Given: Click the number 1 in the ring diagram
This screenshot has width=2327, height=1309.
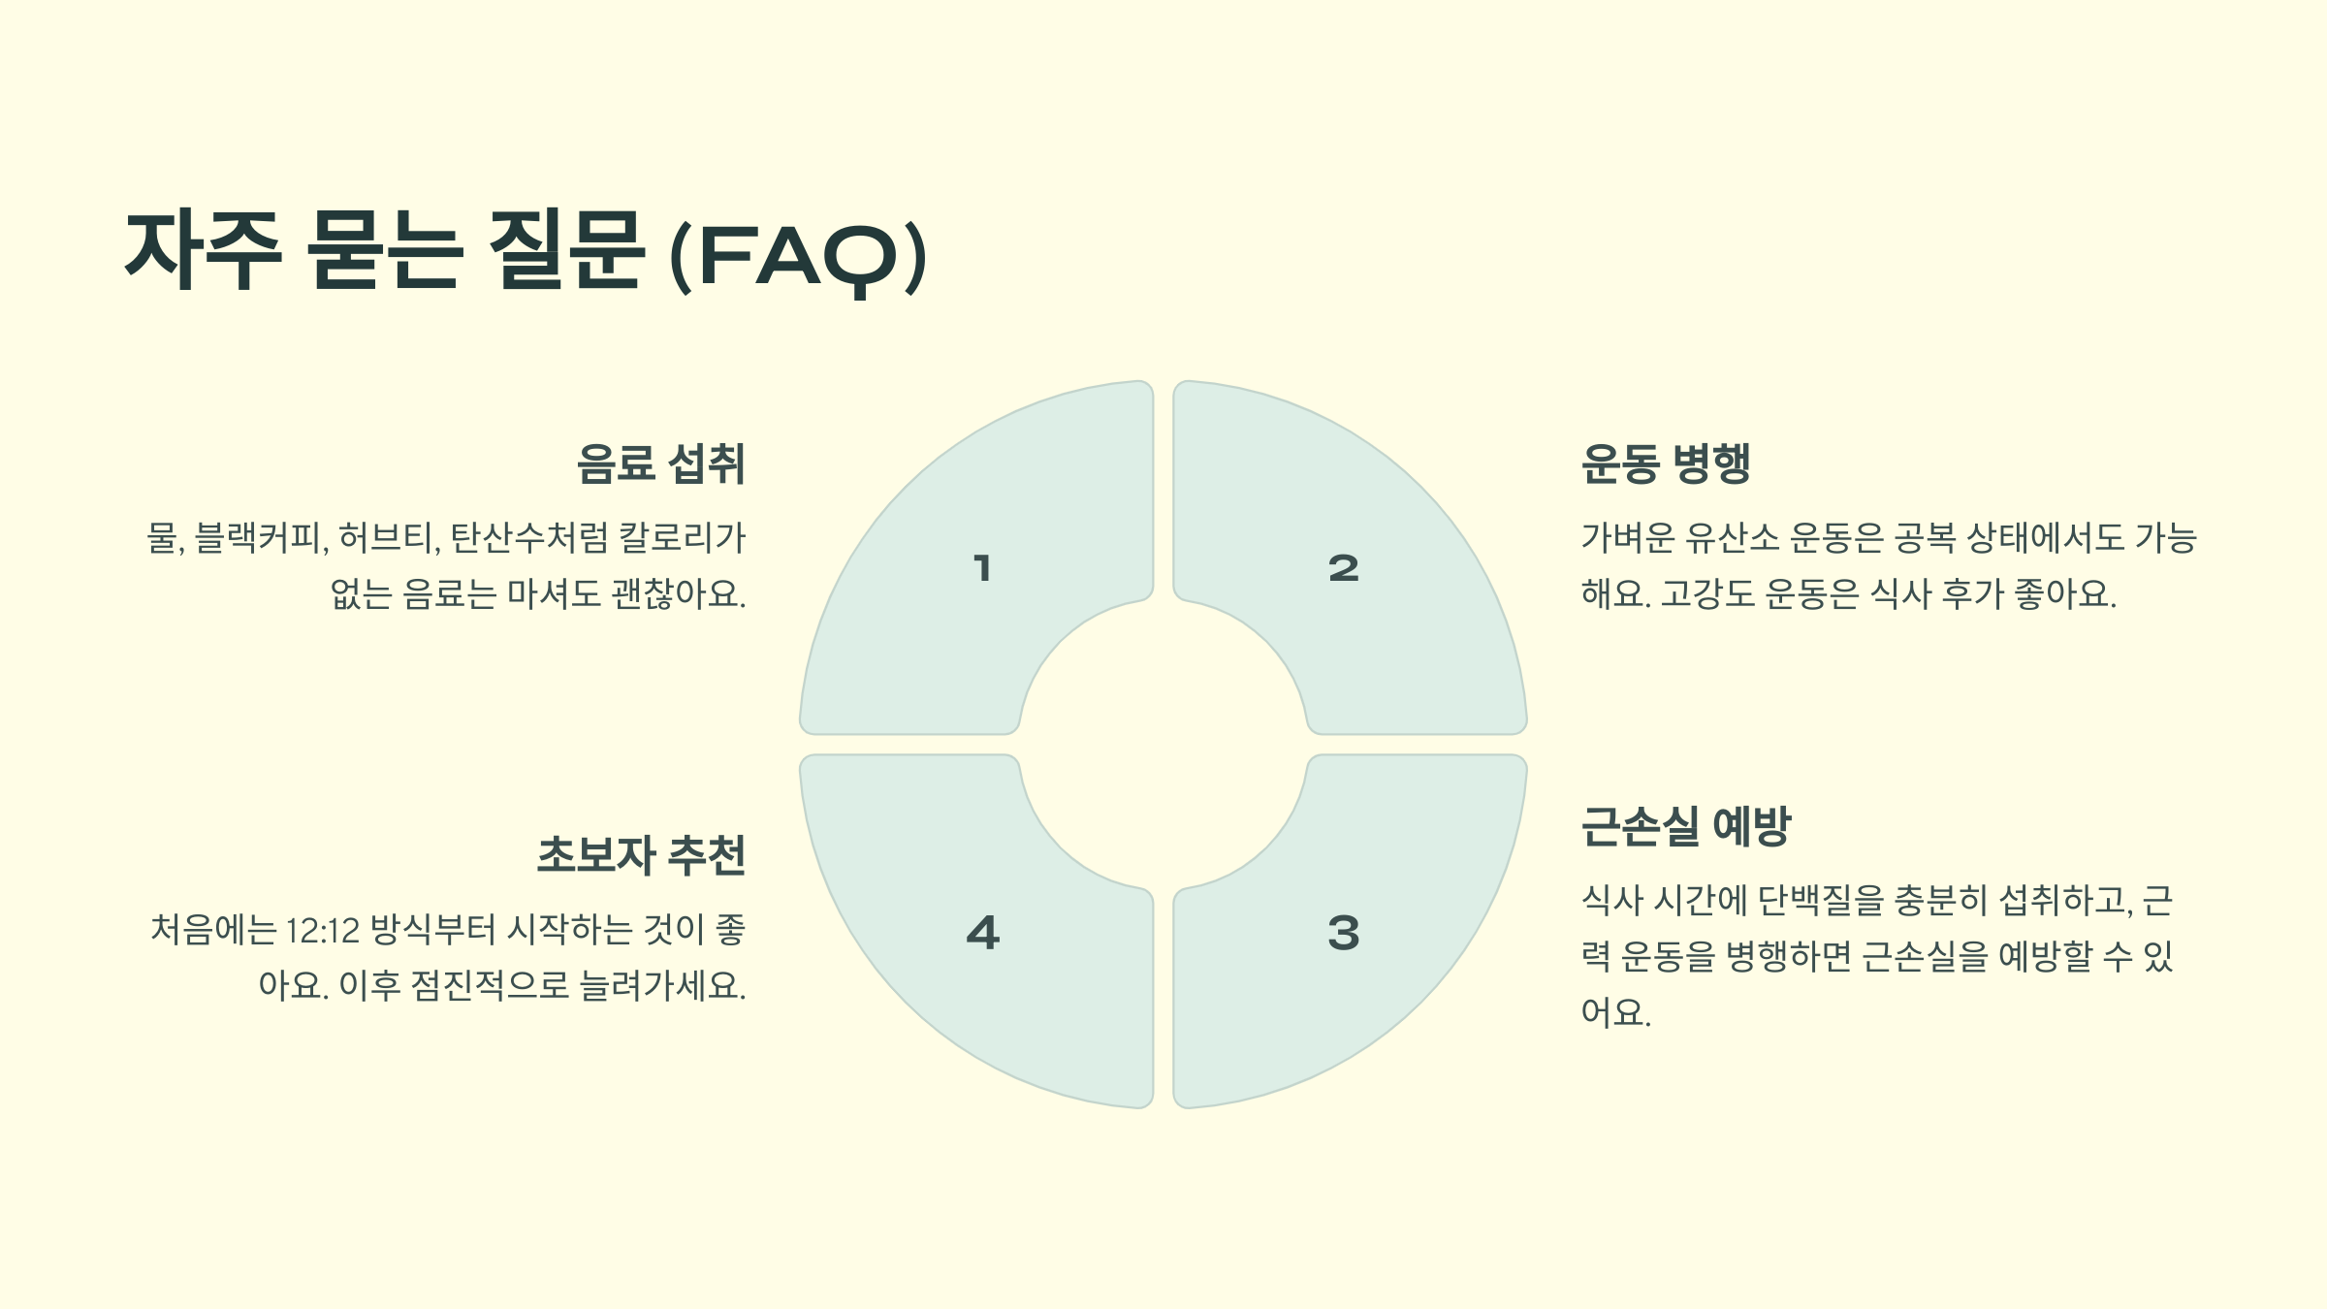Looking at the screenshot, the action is (982, 568).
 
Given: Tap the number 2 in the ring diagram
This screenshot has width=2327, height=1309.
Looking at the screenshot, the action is (1344, 568).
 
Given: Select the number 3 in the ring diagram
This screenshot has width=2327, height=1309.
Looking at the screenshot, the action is (1344, 933).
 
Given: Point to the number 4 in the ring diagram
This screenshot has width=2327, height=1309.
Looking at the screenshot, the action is (982, 933).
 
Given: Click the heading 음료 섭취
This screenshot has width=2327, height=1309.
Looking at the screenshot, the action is (660, 463).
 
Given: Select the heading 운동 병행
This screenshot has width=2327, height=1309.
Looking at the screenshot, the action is (1666, 463).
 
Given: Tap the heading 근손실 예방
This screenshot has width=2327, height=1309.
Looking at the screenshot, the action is (1685, 827).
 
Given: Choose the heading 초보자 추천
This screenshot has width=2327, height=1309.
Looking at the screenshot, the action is (641, 855).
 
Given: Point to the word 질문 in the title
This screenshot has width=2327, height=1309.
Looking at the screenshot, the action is (566, 249).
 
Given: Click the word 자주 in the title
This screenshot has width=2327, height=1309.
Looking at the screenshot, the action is (204, 249).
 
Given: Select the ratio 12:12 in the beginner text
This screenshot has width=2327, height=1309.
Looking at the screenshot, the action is (323, 931).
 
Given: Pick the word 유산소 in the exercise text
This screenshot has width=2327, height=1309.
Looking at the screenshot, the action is (1733, 537).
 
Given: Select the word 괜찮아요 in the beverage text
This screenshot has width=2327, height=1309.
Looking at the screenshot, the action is (676, 593).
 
